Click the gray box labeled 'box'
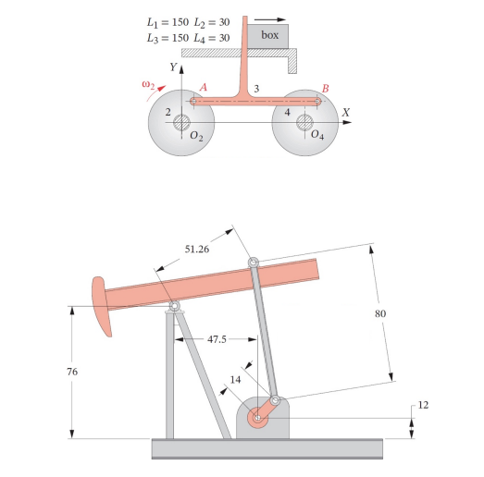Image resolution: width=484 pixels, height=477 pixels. pos(269,35)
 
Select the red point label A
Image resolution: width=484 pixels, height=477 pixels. pos(204,86)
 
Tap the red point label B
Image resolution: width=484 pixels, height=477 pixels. pos(325,88)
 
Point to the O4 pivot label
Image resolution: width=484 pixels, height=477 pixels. pos(317,136)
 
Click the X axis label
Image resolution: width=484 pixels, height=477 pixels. pos(346,112)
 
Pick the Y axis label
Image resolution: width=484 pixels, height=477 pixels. pos(172,67)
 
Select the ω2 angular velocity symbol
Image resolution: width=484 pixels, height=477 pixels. pos(147,84)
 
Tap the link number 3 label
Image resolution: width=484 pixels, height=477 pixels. pos(256,88)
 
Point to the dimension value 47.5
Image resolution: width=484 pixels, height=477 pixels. pos(218,339)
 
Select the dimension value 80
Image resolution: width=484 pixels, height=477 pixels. pos(379,313)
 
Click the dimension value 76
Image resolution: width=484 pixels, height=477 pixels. pos(72,371)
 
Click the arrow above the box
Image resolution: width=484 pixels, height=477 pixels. pos(269,16)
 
